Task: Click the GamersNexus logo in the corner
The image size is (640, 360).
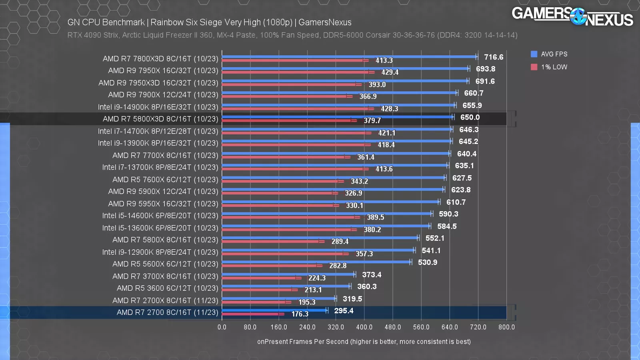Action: click(x=572, y=17)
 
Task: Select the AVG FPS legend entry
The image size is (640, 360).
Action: click(x=549, y=54)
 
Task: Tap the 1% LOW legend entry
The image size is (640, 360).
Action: click(x=549, y=67)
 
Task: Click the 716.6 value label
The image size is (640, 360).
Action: click(x=494, y=57)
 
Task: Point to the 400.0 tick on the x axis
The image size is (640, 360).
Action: click(x=364, y=327)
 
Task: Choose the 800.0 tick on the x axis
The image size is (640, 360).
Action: click(x=506, y=327)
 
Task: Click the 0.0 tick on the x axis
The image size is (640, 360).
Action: click(x=222, y=327)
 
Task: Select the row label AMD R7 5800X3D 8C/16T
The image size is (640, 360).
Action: click(x=160, y=119)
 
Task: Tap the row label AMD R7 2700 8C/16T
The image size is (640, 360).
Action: click(x=167, y=312)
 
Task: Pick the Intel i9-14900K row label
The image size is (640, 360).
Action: click(x=158, y=107)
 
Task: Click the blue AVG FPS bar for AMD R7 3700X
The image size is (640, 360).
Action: click(x=288, y=274)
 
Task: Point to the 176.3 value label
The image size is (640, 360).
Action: click(x=300, y=314)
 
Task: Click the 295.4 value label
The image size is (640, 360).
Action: click(x=344, y=311)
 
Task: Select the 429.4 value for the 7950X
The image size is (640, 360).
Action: click(x=390, y=72)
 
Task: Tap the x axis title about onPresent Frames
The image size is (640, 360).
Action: click(x=364, y=342)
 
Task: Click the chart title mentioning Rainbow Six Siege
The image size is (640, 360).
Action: click(x=209, y=22)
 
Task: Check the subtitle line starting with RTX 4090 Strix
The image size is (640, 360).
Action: click(x=292, y=35)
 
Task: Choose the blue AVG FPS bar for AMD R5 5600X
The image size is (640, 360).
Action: click(x=316, y=262)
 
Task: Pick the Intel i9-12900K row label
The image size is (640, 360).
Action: click(x=160, y=252)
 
